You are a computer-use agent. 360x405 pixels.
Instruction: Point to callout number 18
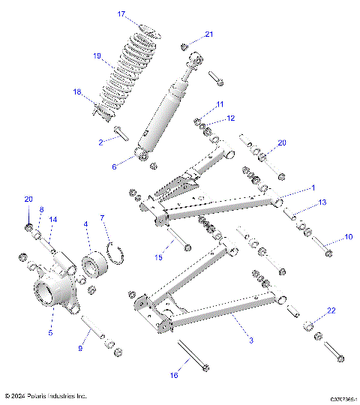coord(97,91)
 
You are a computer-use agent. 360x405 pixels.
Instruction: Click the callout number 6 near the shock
coord(115,166)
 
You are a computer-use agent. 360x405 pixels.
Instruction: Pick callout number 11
coord(220,103)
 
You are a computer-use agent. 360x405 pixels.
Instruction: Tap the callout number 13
coord(322,202)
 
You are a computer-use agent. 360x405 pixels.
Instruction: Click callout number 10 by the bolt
coord(348,237)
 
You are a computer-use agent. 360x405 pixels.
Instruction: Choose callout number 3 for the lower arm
coord(250,340)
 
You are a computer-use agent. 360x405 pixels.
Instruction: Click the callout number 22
coord(331,310)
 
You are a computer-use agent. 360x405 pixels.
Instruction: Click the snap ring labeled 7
coord(112,250)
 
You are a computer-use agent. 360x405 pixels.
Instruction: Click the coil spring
coord(124,75)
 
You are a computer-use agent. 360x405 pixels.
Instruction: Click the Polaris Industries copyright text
coord(46,395)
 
